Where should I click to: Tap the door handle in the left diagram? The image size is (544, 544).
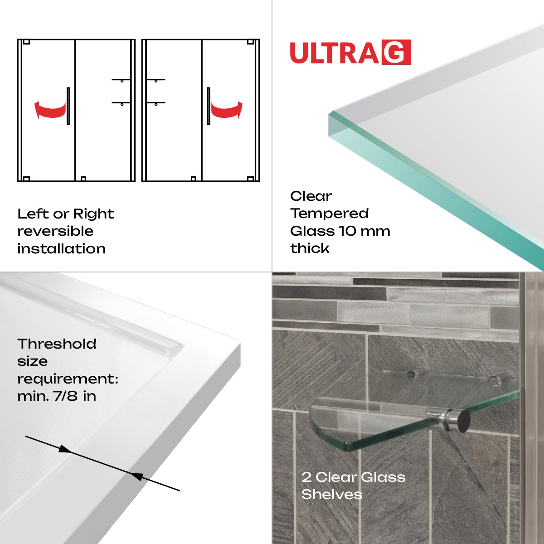[x=68, y=106]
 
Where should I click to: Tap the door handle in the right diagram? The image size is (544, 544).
[x=209, y=106]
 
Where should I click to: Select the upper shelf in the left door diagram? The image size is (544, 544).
[x=121, y=80]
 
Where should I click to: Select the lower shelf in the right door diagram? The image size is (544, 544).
[x=155, y=102]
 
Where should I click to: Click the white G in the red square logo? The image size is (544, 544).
[x=396, y=53]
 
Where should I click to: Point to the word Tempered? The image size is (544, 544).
[x=330, y=214]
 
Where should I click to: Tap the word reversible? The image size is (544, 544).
[x=55, y=231]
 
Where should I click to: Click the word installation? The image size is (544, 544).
[x=61, y=249]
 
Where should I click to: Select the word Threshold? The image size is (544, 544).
[x=57, y=344]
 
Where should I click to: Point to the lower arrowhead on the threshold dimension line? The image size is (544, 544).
[x=137, y=476]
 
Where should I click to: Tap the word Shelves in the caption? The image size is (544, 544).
[x=332, y=495]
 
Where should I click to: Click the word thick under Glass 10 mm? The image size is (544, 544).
[x=310, y=248]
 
